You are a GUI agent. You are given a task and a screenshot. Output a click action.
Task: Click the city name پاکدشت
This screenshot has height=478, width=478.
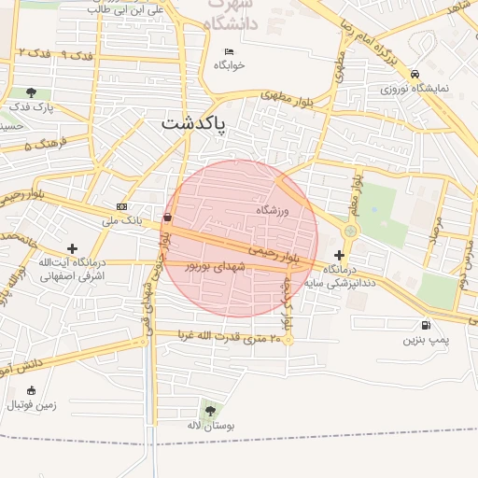tap(193, 124)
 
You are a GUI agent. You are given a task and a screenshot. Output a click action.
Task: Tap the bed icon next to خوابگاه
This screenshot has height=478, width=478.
tap(229, 51)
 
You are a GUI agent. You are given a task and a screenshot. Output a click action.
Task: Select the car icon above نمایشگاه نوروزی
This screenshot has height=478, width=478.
tap(415, 75)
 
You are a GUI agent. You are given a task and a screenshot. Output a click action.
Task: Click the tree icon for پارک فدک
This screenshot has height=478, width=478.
tap(33, 92)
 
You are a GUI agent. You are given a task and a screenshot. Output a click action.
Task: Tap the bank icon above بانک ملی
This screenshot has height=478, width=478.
tap(121, 206)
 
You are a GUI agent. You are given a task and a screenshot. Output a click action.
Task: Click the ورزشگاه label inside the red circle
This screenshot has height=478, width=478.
tap(274, 211)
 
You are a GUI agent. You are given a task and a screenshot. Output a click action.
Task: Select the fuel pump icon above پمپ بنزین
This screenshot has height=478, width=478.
tap(427, 326)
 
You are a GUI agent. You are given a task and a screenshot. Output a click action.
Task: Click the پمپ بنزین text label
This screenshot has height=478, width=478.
tap(426, 341)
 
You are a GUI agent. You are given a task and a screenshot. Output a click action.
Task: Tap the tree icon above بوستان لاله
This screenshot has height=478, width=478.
tap(208, 409)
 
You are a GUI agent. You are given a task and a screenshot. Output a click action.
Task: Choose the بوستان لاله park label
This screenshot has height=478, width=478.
tap(208, 425)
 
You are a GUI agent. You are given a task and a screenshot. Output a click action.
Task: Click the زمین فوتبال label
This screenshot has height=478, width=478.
tap(33, 405)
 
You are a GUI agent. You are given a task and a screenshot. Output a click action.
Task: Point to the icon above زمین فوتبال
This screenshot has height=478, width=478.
tap(33, 390)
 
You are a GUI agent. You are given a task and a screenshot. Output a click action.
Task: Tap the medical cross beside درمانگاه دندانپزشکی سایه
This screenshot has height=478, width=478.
tap(338, 255)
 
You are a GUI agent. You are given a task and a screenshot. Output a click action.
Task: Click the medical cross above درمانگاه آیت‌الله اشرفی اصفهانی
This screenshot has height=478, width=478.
tap(72, 247)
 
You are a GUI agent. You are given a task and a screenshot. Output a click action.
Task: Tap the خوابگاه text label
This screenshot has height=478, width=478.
tap(229, 65)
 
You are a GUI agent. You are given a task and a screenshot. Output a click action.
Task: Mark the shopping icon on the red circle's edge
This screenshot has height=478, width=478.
tap(167, 217)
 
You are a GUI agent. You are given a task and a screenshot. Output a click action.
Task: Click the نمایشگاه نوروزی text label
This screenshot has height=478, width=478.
tap(415, 89)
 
